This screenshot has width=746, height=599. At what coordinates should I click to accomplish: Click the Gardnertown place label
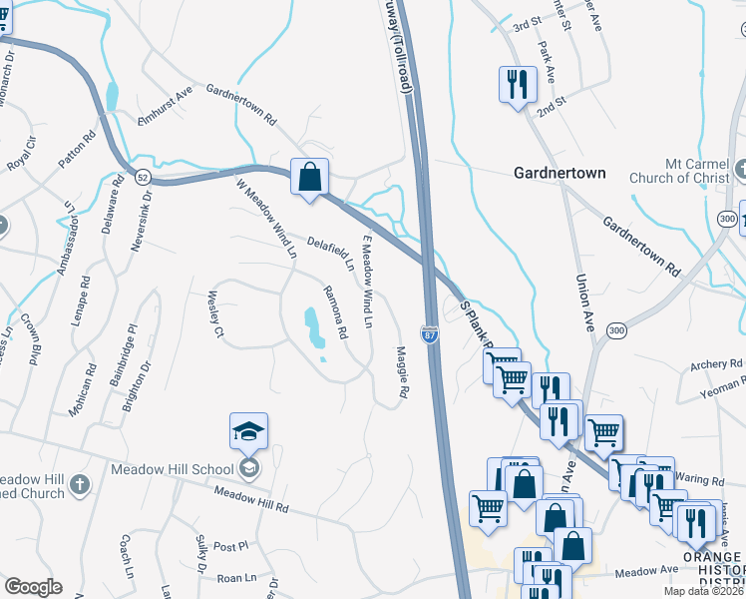(x=559, y=173)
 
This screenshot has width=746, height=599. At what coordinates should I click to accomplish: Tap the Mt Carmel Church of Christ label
(x=687, y=172)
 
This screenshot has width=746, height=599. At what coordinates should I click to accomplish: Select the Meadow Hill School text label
(x=172, y=469)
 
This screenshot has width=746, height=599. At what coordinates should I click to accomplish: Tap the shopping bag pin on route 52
(x=309, y=178)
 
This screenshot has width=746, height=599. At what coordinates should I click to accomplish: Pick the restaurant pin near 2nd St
(x=517, y=85)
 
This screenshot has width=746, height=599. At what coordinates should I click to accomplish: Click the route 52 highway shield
(x=144, y=177)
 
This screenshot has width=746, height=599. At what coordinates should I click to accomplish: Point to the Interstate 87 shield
(x=430, y=336)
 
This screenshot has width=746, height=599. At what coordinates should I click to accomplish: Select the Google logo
(x=34, y=586)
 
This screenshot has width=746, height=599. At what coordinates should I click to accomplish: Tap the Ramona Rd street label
(x=334, y=311)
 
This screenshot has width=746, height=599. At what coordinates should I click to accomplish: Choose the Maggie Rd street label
(x=402, y=372)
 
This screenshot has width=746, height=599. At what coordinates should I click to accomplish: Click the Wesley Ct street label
(x=212, y=314)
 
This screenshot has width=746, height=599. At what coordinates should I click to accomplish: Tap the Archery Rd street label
(x=716, y=365)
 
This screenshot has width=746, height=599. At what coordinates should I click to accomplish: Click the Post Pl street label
(x=229, y=546)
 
